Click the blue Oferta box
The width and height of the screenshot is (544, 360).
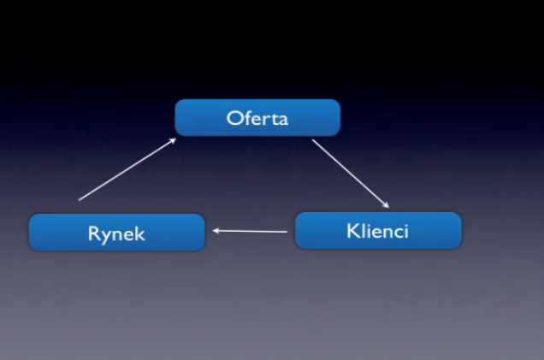257,117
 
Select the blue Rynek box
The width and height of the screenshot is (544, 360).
116,233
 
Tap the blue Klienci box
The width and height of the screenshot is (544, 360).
378,230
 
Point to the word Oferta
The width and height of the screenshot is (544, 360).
257,118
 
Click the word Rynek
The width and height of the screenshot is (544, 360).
116,233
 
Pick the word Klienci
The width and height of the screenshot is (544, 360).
378,231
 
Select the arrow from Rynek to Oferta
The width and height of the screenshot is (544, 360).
127,169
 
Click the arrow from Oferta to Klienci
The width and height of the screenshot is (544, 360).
350,174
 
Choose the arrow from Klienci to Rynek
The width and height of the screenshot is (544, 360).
250,231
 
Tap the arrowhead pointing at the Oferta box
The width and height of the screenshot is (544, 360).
174,140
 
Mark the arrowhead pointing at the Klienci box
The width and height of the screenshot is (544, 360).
387,206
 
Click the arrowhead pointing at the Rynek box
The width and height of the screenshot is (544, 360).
215,230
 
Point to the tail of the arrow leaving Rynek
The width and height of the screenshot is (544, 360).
80,199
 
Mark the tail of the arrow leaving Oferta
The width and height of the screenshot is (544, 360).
313,140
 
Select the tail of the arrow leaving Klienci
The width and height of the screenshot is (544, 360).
287,232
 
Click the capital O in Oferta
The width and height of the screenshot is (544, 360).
234,118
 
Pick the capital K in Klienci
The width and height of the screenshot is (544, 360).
352,231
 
